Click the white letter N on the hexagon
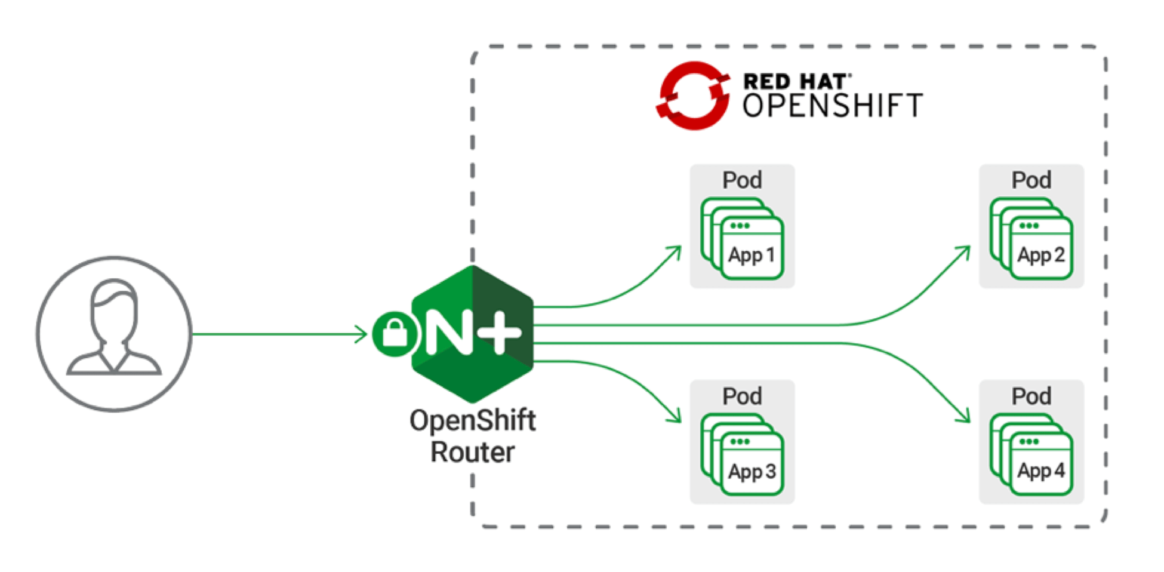click(449, 333)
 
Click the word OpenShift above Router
click(472, 421)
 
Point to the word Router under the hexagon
click(472, 452)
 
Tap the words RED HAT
click(795, 81)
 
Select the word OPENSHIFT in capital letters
click(832, 106)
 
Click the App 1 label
click(752, 255)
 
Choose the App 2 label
click(1041, 255)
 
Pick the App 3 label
click(752, 471)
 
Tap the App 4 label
click(1041, 470)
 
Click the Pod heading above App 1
click(742, 180)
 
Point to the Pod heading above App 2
click(1031, 180)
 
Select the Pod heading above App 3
click(742, 396)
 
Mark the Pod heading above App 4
click(1031, 396)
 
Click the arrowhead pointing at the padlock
click(362, 334)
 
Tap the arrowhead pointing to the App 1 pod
click(676, 251)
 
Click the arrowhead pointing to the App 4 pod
click(964, 417)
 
